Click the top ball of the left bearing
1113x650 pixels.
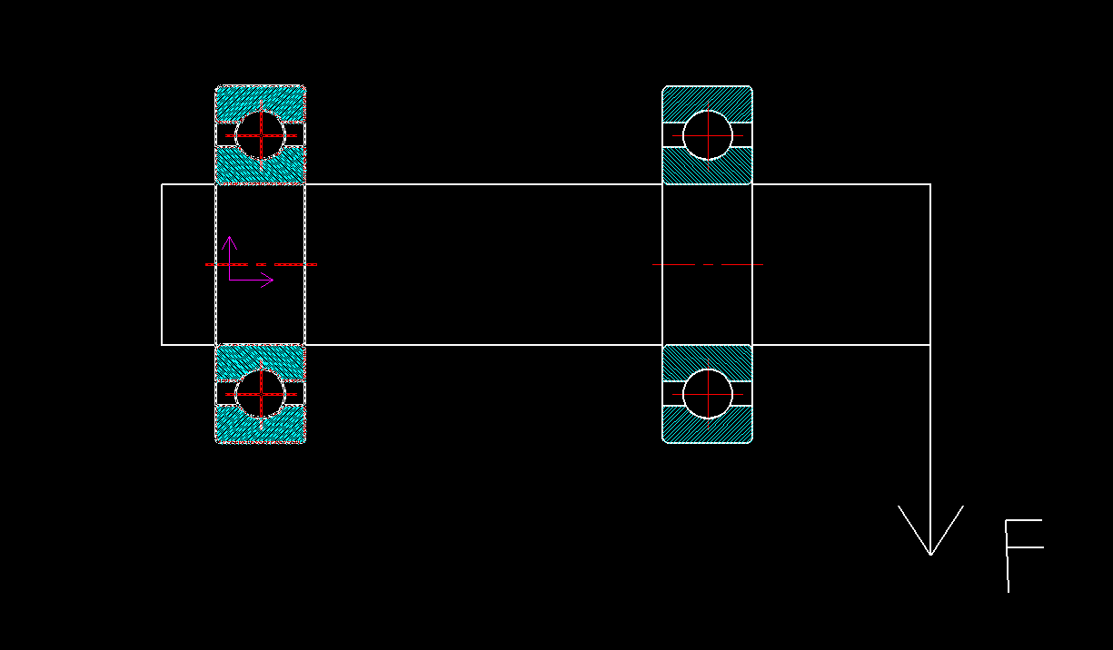[x=261, y=135]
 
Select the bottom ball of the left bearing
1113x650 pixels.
[x=261, y=394]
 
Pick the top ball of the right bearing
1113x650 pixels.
[x=708, y=135]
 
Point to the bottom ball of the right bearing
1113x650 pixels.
[x=708, y=394]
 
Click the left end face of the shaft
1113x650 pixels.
[x=162, y=264]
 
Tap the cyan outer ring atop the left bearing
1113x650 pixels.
[x=261, y=97]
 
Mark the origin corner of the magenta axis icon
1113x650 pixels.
[x=230, y=281]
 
